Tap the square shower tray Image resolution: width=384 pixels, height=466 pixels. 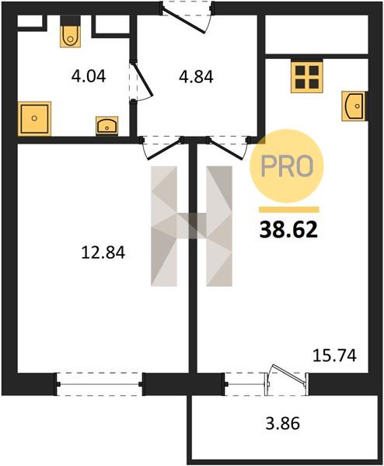click(34, 119)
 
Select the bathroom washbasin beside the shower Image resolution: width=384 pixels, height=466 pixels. click(106, 126)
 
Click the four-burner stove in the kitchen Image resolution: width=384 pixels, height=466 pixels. click(307, 77)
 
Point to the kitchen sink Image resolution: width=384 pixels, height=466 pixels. click(355, 106)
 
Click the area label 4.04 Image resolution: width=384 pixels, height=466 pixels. click(89, 76)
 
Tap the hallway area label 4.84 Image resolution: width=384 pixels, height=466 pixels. click(197, 77)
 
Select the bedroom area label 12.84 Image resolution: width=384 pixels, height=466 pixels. click(103, 253)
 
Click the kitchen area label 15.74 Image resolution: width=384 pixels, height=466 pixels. click(334, 356)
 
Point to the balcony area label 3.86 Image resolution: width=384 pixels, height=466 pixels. click(283, 423)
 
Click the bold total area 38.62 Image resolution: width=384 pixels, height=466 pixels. click(288, 231)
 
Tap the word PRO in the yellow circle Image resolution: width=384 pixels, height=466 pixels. click(287, 166)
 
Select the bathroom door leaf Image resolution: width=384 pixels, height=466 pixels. click(143, 80)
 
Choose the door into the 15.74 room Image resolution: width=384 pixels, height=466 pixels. click(227, 148)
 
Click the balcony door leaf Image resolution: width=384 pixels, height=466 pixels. click(288, 376)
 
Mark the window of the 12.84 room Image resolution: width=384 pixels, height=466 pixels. click(99, 384)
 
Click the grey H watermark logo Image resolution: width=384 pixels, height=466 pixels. click(191, 226)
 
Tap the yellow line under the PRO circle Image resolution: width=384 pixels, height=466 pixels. click(289, 210)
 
